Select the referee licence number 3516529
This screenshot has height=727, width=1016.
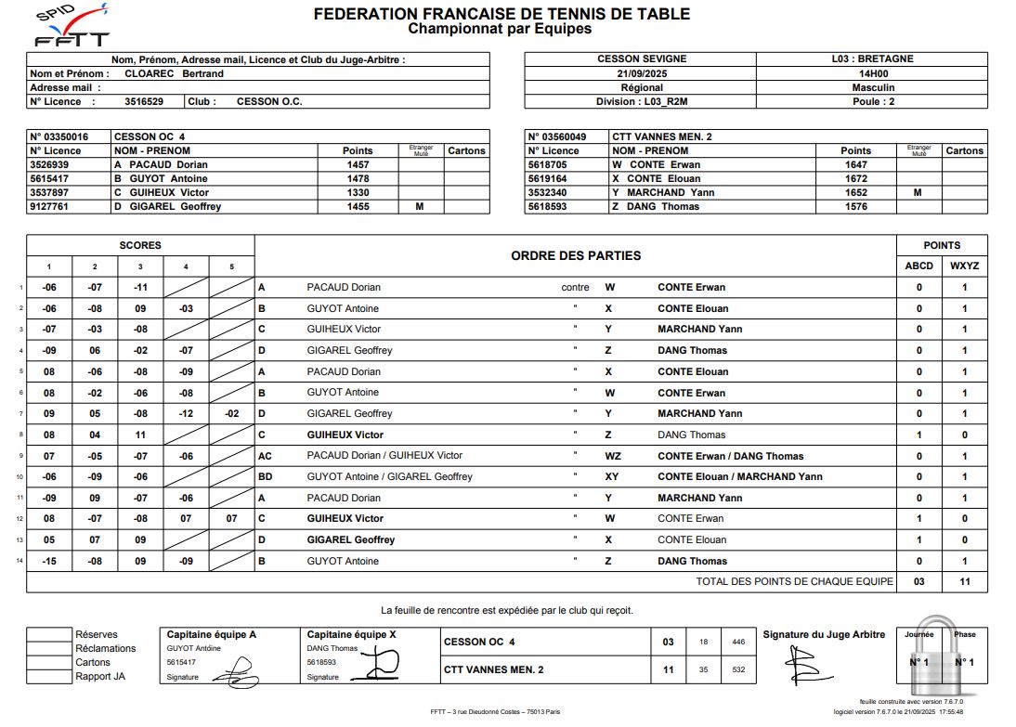click(x=144, y=102)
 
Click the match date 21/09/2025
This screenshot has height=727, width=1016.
click(x=640, y=73)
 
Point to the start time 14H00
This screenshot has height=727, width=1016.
click(x=872, y=73)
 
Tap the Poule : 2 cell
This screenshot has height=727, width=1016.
click(x=872, y=102)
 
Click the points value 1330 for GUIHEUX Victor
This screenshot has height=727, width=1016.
click(x=358, y=192)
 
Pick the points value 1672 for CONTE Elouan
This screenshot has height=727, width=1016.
click(x=855, y=178)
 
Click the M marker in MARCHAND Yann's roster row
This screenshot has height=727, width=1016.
click(x=918, y=192)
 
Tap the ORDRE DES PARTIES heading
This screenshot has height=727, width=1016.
click(x=576, y=255)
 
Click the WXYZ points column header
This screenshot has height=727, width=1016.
click(x=964, y=266)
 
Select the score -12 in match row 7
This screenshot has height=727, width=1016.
click(x=186, y=413)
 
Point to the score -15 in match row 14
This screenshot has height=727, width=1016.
click(x=49, y=561)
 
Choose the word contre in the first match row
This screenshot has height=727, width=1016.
click(x=575, y=288)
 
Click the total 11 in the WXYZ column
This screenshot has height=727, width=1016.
click(x=964, y=581)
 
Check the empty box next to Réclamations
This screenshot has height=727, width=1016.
click(x=49, y=648)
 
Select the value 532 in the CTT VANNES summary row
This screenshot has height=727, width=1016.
click(x=738, y=669)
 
